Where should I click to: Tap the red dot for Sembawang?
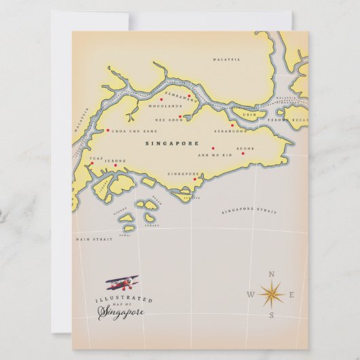tap(189, 96)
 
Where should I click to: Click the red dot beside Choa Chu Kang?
tap(107, 130)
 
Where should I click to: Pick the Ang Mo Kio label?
tap(210, 156)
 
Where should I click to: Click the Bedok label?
tap(245, 147)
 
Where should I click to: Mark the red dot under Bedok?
tap(242, 154)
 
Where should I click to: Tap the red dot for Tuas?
tap(92, 163)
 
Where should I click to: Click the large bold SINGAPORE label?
tap(173, 144)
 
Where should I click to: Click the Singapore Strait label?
tap(249, 212)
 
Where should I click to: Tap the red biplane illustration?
tap(122, 283)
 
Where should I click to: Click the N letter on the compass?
tap(272, 274)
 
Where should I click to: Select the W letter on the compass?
tap(250, 295)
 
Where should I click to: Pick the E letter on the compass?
tap(292, 295)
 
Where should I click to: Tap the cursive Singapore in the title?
tap(122, 312)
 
